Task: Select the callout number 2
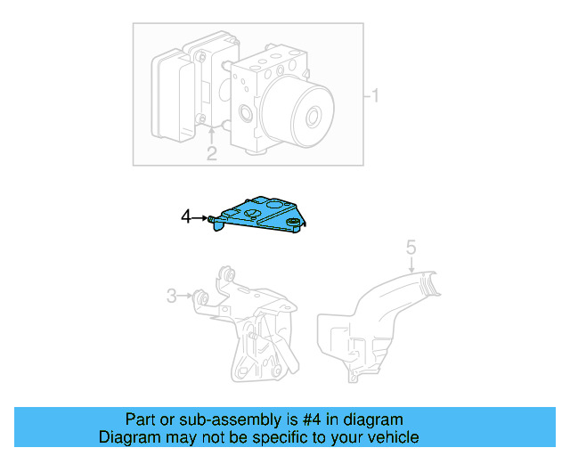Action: tap(211, 154)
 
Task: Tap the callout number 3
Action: tap(171, 295)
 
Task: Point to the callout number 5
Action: tap(411, 248)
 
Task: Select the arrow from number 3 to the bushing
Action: tap(188, 295)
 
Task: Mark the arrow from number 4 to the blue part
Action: tap(201, 216)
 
